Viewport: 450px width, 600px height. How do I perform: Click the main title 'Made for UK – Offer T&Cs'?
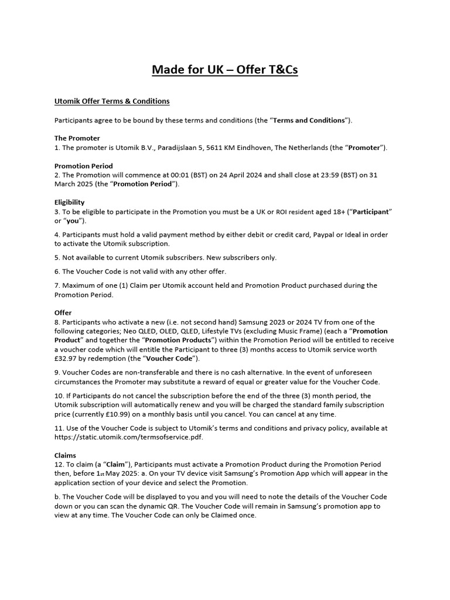tap(225, 70)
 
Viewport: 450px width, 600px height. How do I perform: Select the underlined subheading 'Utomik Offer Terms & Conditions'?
tap(112, 101)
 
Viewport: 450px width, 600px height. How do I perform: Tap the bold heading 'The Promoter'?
tap(77, 138)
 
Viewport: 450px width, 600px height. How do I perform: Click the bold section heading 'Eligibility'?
tap(70, 202)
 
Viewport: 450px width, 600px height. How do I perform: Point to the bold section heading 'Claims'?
tap(66, 455)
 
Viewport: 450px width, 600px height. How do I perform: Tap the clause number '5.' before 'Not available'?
tap(57, 257)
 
